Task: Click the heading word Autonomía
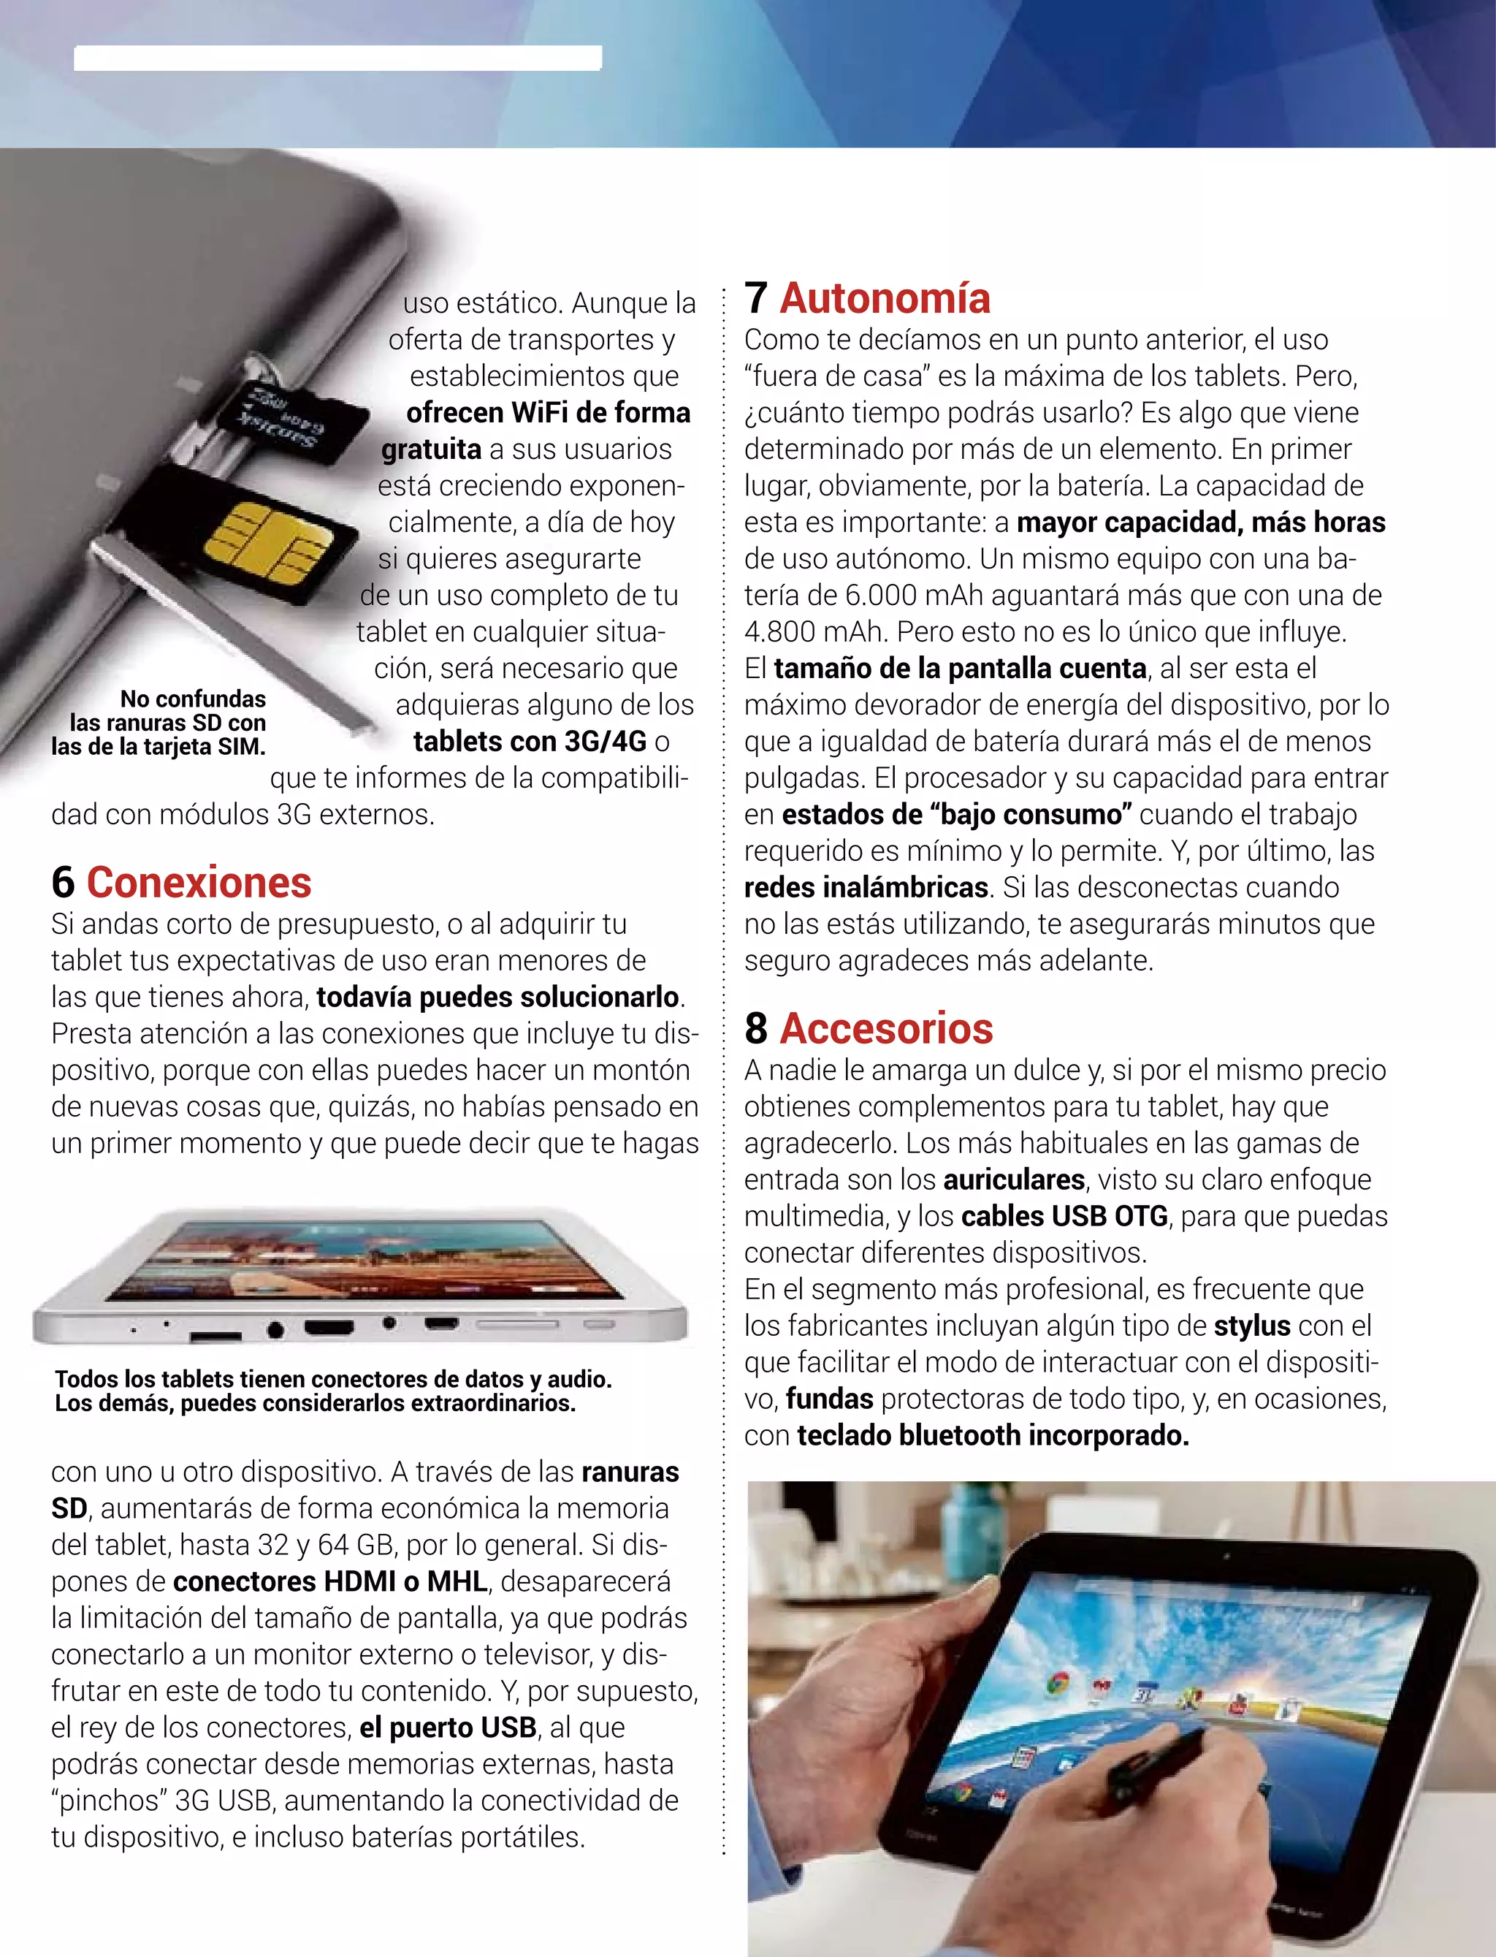click(885, 298)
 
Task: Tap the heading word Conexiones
click(199, 883)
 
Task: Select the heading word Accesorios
click(886, 1029)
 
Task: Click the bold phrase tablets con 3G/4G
click(530, 741)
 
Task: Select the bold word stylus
click(1251, 1326)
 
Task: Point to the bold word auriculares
click(1013, 1179)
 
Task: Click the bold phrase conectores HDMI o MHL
click(329, 1581)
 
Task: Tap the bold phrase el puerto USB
click(448, 1728)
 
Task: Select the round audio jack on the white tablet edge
click(275, 1331)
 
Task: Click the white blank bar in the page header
click(337, 58)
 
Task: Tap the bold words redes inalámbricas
click(866, 887)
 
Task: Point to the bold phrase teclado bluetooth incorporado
click(993, 1435)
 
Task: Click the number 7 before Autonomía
click(756, 298)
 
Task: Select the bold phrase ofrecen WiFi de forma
click(548, 412)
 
